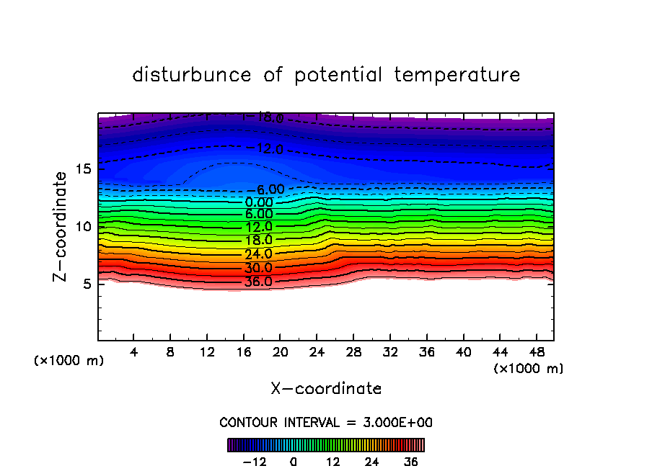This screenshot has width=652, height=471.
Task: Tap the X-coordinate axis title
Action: tap(326, 389)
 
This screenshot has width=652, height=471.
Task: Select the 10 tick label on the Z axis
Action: tap(84, 226)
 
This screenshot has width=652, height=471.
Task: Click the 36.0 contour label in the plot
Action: tap(257, 282)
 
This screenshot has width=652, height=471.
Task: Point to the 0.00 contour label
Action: tap(259, 202)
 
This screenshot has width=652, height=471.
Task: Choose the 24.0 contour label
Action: tap(257, 254)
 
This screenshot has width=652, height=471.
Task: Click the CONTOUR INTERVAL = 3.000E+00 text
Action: tap(326, 422)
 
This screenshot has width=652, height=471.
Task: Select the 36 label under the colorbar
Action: tap(411, 462)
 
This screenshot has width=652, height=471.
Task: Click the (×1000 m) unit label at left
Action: tap(69, 361)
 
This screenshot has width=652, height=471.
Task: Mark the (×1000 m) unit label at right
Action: tap(529, 369)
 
